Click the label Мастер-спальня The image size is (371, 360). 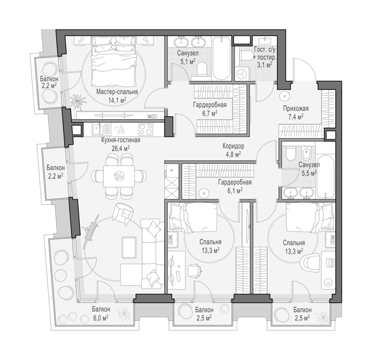(x=117, y=92)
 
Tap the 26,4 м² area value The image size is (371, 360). (x=121, y=148)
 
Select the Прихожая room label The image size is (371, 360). (x=296, y=109)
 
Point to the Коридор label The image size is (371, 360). (x=233, y=146)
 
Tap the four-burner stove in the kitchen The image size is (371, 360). (x=146, y=130)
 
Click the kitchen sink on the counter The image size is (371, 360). (x=97, y=130)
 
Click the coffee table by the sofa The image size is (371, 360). (x=129, y=247)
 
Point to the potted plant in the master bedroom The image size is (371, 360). (x=78, y=101)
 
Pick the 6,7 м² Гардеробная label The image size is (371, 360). (x=210, y=109)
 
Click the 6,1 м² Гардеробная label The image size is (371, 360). (x=235, y=186)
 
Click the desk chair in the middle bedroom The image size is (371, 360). (x=195, y=271)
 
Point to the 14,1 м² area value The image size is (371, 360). (x=117, y=100)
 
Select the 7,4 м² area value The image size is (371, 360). (x=296, y=117)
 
